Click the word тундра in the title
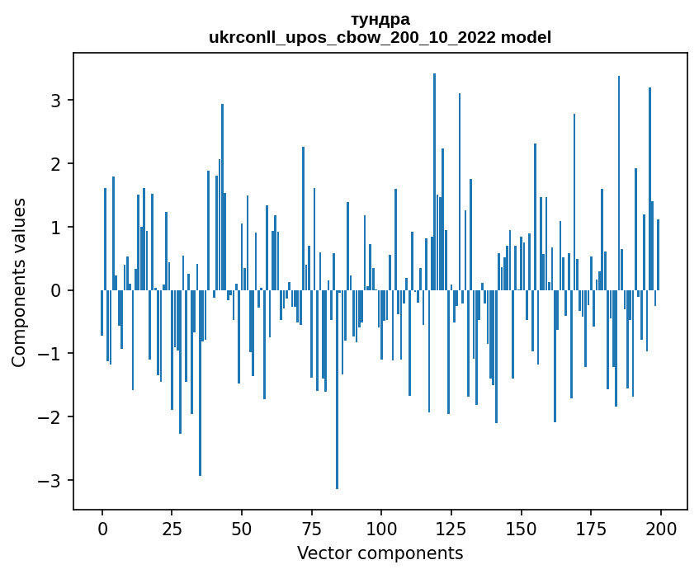[380, 19]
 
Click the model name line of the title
[380, 37]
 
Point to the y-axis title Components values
[19, 283]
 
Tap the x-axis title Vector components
[380, 553]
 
